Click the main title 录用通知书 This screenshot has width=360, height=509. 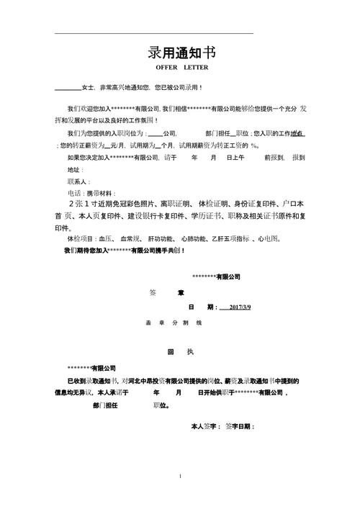(x=181, y=53)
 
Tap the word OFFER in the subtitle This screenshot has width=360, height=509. (x=166, y=68)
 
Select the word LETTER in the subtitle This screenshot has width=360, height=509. (x=196, y=68)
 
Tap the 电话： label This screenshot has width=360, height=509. (x=73, y=193)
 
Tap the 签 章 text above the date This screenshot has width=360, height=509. (x=166, y=292)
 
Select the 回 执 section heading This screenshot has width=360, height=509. (x=180, y=351)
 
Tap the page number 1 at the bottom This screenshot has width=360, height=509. (x=180, y=476)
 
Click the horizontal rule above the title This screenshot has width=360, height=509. (x=154, y=33)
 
